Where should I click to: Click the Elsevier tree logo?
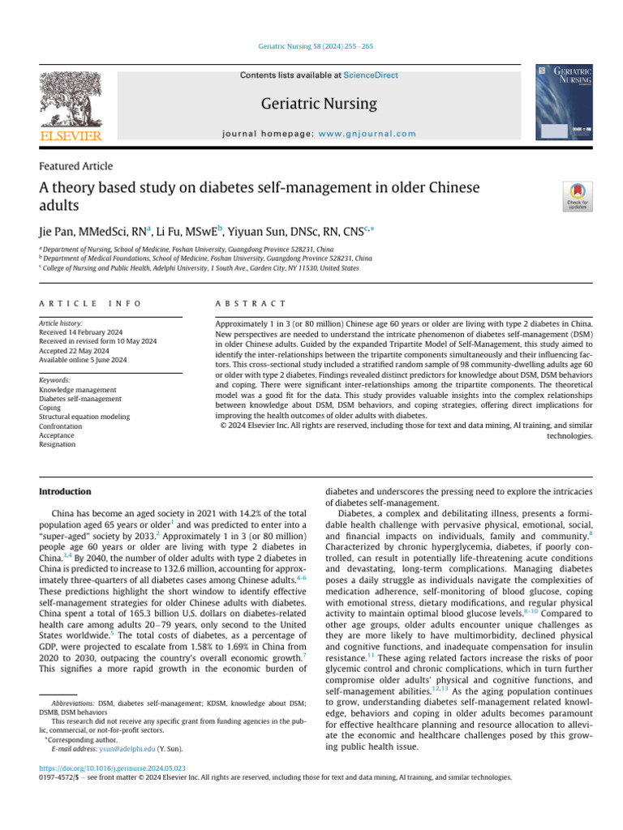[72, 103]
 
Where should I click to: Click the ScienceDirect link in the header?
[371, 75]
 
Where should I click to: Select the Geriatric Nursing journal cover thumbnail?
[563, 103]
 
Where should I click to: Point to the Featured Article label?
[76, 166]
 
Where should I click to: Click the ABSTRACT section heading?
[250, 302]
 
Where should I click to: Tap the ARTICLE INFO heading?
[90, 302]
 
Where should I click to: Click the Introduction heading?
[66, 492]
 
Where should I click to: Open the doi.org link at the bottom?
[112, 767]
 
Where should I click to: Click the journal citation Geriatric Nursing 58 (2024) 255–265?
[311, 48]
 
